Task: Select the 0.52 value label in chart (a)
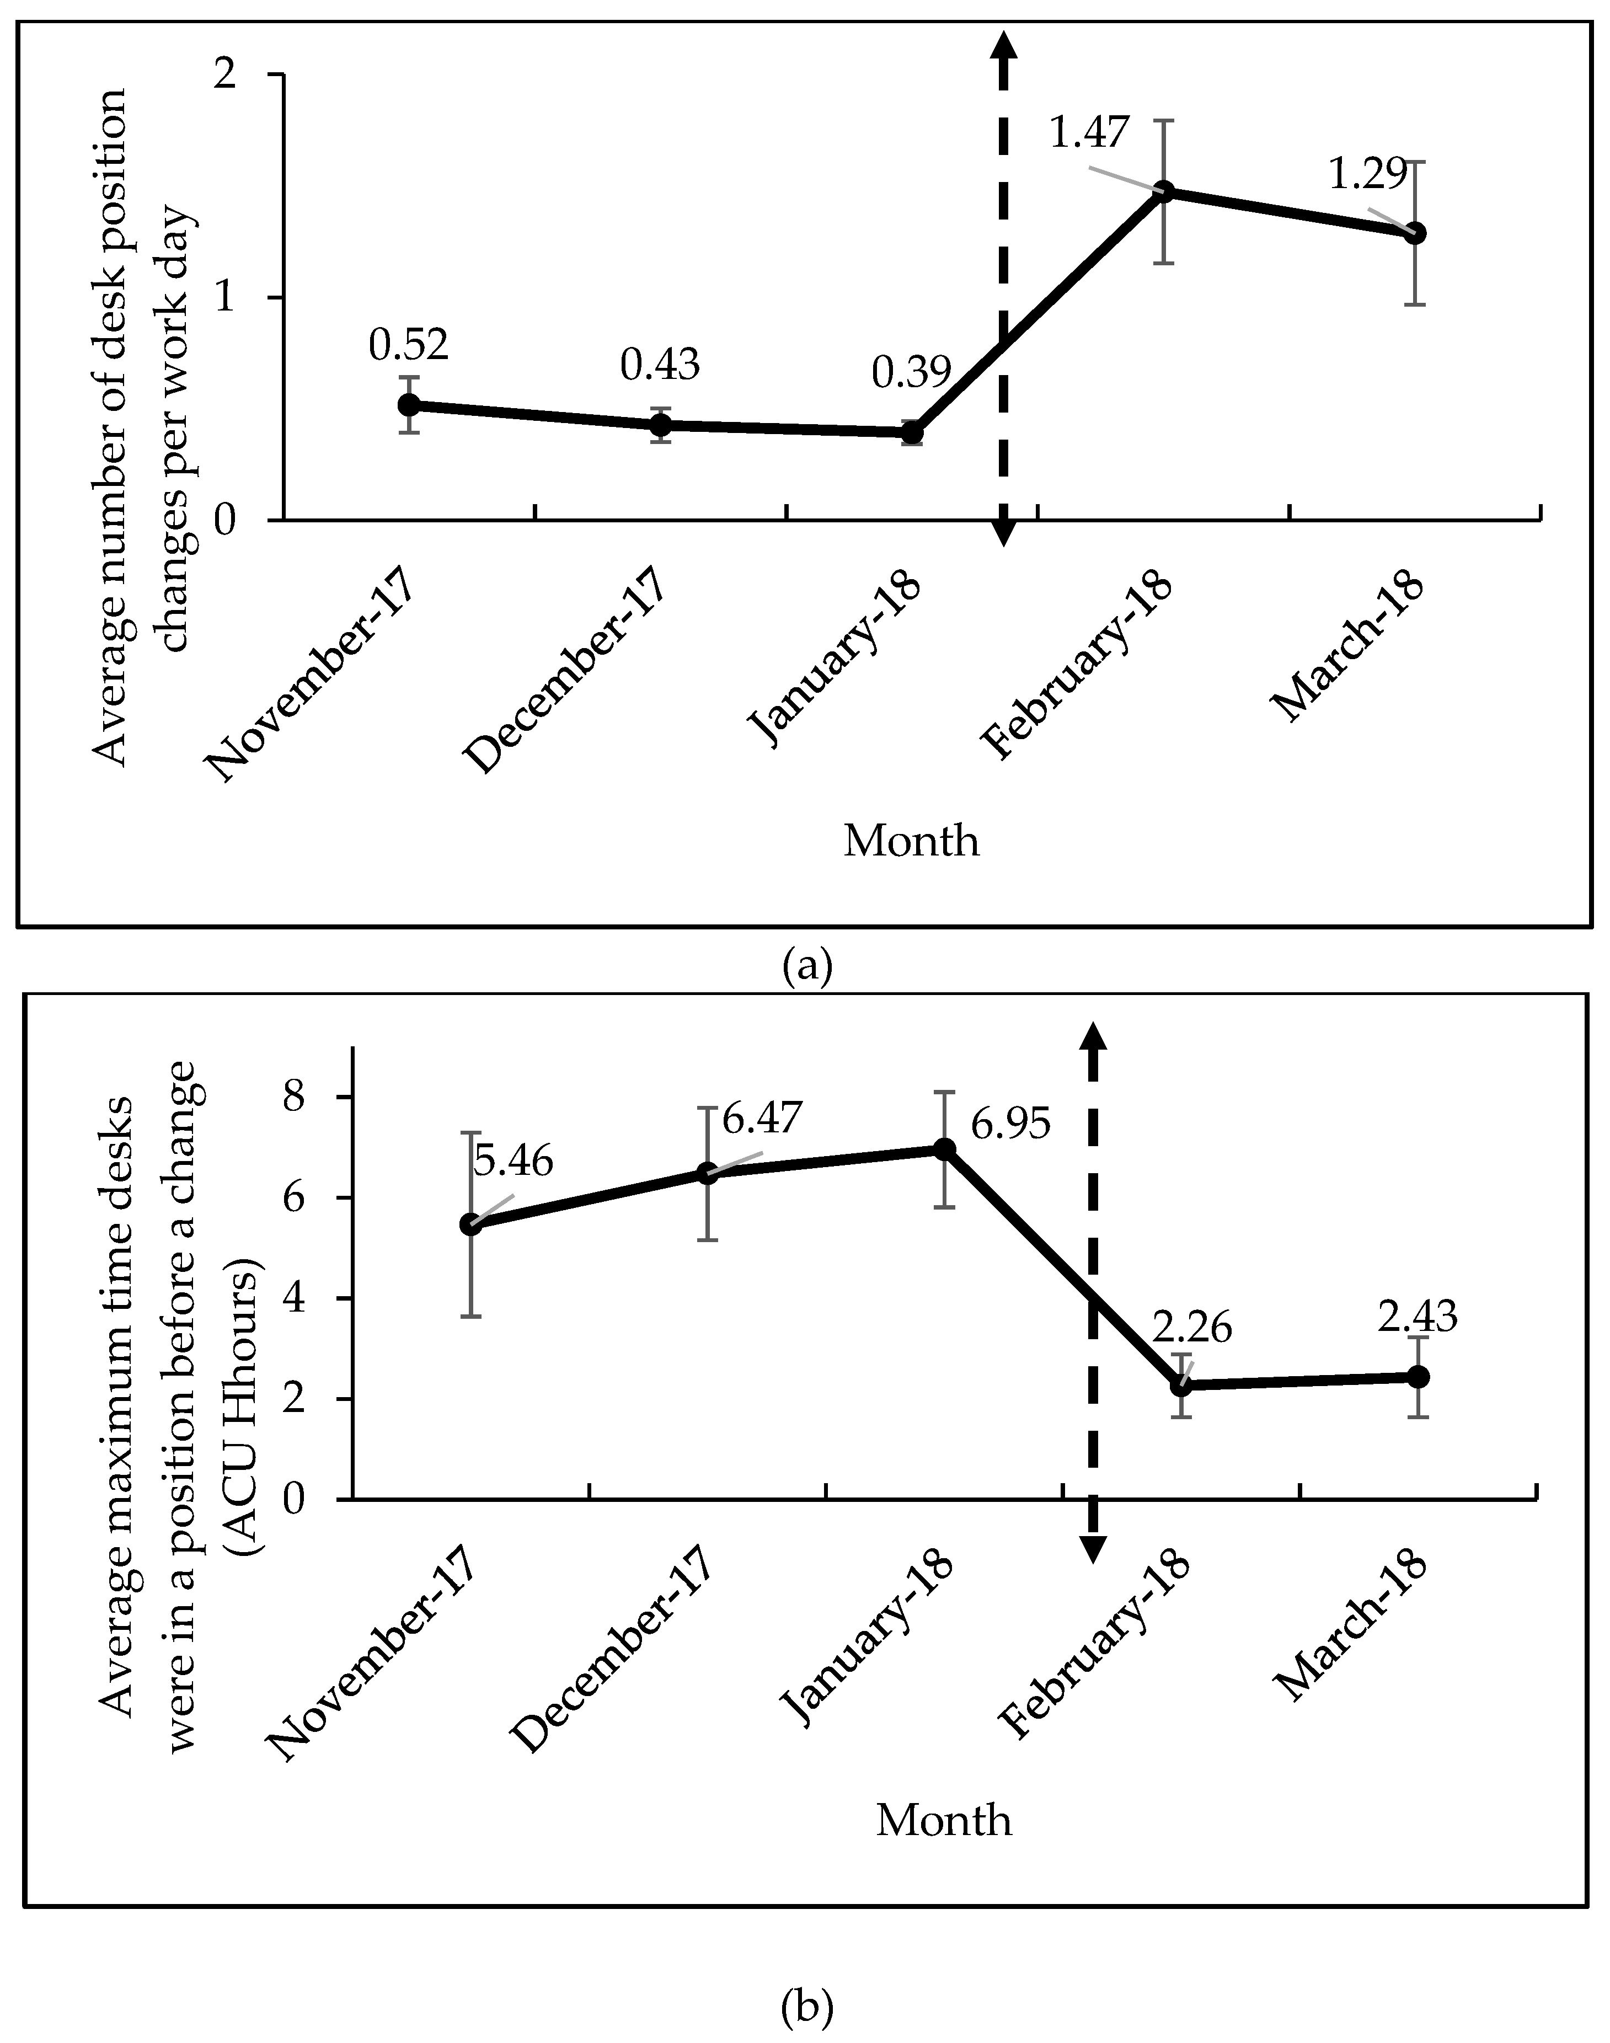(x=408, y=346)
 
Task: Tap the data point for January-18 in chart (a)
(x=912, y=433)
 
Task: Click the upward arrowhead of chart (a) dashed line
(x=1004, y=45)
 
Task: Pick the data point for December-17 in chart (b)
(x=707, y=1174)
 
